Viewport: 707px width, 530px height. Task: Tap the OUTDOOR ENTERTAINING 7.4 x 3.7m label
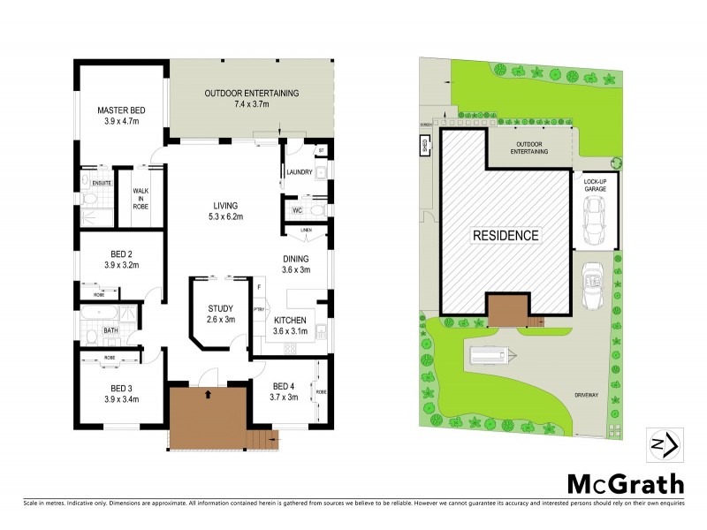pyautogui.click(x=252, y=98)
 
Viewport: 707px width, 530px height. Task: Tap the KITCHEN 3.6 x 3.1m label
pyautogui.click(x=290, y=325)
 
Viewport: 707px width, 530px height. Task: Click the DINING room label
pyautogui.click(x=295, y=264)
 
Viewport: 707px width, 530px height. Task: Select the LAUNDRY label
pyautogui.click(x=299, y=172)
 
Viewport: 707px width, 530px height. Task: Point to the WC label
pyautogui.click(x=298, y=210)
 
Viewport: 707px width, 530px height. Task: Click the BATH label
pyautogui.click(x=110, y=331)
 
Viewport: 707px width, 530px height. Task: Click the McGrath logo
pyautogui.click(x=625, y=483)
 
